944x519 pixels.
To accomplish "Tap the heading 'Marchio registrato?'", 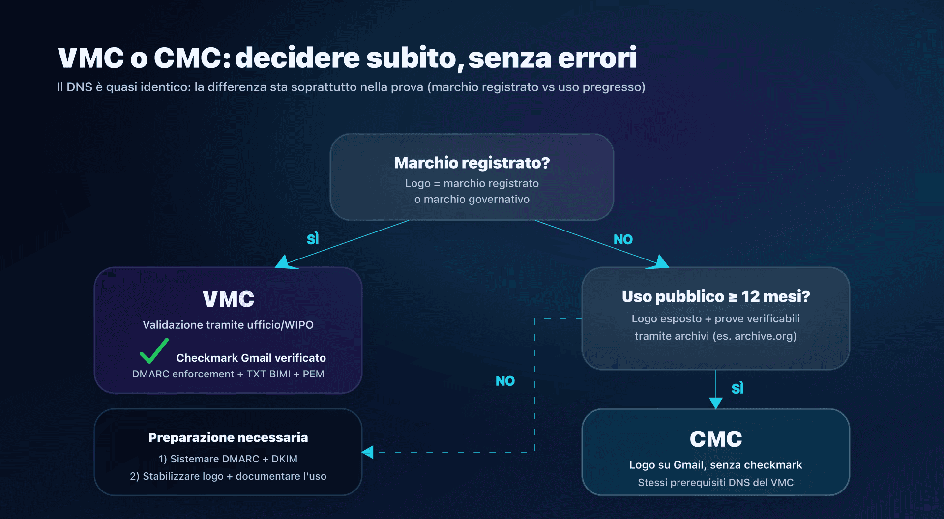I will click(472, 163).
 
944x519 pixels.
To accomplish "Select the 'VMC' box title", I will click(228, 299).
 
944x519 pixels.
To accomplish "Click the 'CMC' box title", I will click(716, 439).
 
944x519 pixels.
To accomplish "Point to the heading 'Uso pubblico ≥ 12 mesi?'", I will click(716, 296).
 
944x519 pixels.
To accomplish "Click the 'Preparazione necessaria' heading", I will click(228, 437).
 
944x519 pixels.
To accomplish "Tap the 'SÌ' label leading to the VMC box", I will click(313, 239).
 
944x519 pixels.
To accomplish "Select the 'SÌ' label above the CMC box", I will click(737, 388).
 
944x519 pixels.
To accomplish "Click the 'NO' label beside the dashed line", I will click(505, 381).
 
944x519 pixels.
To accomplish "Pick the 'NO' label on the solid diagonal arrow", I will click(623, 239).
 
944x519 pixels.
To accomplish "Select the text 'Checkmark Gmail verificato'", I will click(251, 358).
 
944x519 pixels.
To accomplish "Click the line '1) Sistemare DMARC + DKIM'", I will click(228, 459).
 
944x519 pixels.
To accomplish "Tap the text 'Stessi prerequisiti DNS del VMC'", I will click(716, 483).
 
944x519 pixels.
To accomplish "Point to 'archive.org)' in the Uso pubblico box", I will click(766, 336).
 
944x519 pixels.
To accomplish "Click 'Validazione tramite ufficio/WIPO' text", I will click(228, 325).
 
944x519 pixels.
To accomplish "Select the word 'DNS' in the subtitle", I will click(79, 87).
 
